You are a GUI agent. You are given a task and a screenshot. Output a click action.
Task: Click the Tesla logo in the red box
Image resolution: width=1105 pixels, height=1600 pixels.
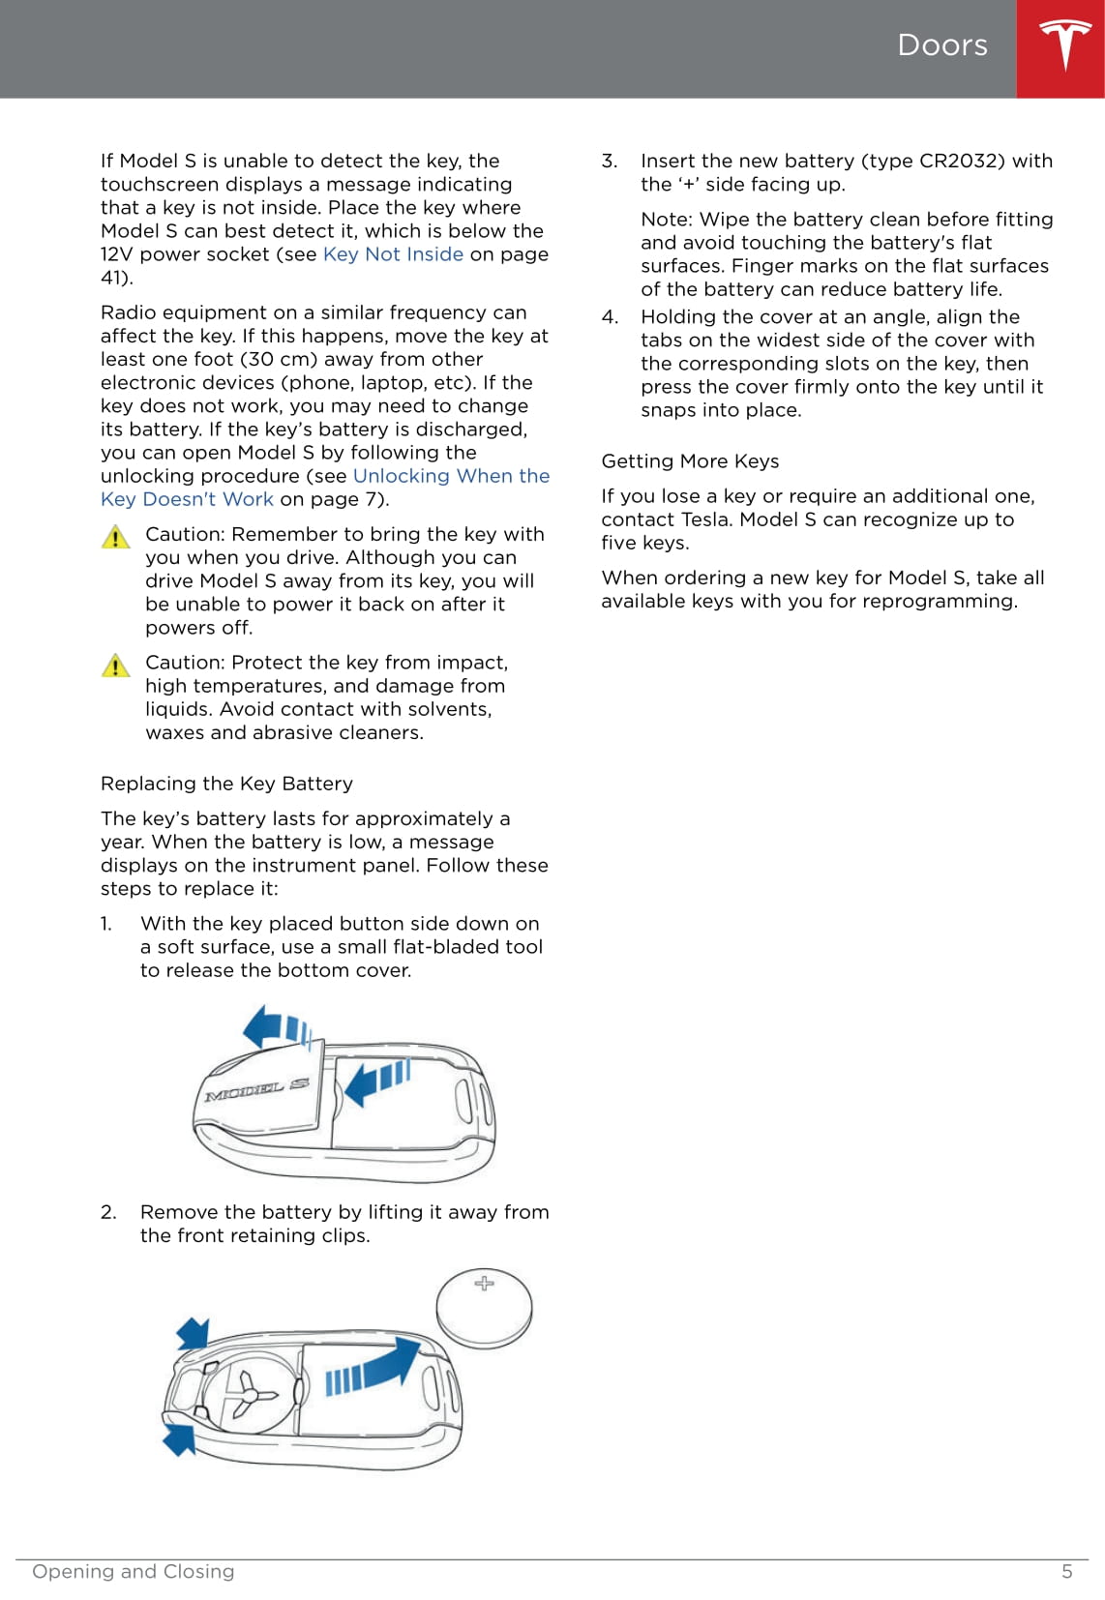[1064, 45]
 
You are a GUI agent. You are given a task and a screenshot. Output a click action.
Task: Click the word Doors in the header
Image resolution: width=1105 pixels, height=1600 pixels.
[942, 45]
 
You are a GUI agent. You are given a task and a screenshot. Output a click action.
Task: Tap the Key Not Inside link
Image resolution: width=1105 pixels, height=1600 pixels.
[393, 254]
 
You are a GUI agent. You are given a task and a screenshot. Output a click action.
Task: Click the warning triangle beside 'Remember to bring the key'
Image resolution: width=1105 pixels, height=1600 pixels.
[115, 537]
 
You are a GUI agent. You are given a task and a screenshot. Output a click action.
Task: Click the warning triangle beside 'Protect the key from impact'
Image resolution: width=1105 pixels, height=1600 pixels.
[115, 666]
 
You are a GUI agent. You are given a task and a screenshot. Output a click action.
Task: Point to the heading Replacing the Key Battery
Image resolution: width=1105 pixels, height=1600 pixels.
[226, 784]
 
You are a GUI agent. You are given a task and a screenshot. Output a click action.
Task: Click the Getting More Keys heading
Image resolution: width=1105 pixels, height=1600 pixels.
[690, 461]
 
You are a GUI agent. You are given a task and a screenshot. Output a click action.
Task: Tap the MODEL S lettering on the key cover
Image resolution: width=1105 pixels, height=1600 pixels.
[256, 1090]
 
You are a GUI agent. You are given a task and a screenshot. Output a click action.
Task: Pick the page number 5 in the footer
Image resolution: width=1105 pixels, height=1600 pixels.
[1067, 1572]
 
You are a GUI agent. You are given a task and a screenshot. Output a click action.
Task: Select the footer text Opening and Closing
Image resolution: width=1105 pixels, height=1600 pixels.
[134, 1572]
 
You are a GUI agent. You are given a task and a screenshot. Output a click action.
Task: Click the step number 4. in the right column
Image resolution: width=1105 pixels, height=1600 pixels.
[610, 317]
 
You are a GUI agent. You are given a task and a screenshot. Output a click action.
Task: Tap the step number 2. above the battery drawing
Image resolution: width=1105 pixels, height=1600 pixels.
[108, 1212]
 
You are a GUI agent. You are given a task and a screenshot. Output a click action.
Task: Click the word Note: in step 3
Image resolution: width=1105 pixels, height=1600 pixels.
[667, 220]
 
